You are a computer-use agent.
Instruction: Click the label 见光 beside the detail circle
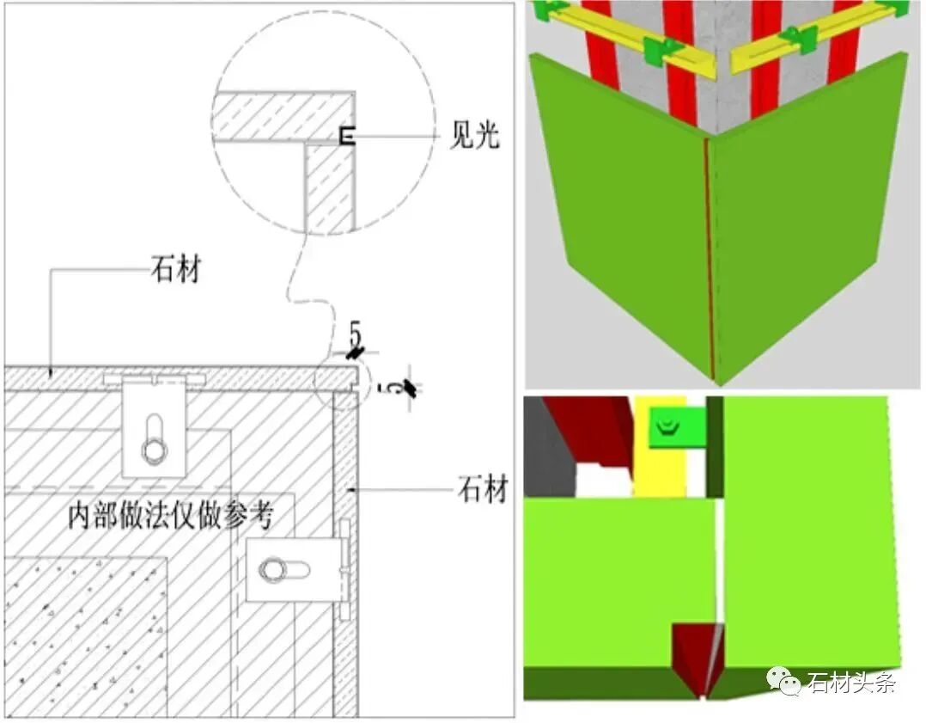coord(474,135)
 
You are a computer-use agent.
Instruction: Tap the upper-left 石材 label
coord(176,270)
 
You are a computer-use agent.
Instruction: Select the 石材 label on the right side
coord(483,490)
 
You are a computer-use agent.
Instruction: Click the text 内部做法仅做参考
coord(171,516)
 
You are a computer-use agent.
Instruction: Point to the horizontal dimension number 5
coord(354,334)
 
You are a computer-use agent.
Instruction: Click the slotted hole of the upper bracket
coord(154,438)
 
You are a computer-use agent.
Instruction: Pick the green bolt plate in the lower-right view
coord(678,426)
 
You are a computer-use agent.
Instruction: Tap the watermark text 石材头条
coord(851,683)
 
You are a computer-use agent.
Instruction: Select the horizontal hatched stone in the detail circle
coord(283,116)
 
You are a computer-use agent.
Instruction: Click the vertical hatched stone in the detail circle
coord(330,188)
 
